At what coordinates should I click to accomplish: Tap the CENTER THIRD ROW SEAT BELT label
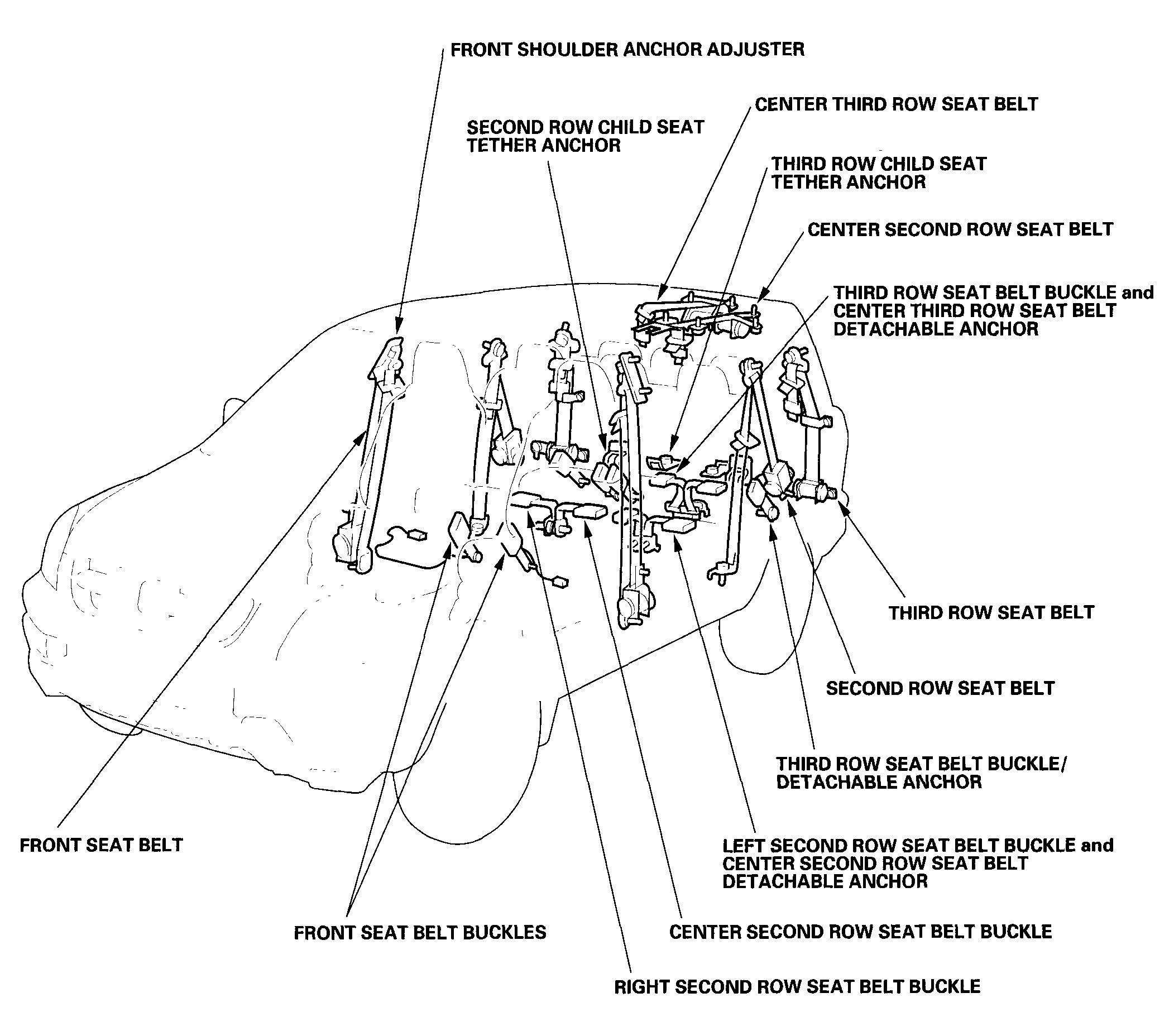(x=896, y=104)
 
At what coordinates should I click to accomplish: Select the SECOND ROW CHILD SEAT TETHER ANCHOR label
(x=584, y=136)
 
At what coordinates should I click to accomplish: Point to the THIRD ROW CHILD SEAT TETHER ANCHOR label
(x=878, y=173)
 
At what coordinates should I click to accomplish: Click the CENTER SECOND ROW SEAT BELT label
(x=960, y=230)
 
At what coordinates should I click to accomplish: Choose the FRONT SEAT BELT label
(x=101, y=845)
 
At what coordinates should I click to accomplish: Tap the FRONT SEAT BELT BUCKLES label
(x=420, y=933)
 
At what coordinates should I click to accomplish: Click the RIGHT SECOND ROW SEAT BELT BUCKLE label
(x=797, y=987)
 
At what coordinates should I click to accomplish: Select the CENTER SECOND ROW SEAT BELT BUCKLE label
(x=860, y=932)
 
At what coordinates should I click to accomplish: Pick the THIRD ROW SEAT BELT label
(x=991, y=613)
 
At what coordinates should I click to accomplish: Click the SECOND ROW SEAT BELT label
(x=940, y=688)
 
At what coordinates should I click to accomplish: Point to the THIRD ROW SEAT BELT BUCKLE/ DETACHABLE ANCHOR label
(x=921, y=773)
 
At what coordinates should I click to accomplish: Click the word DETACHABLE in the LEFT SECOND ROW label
(x=825, y=881)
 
